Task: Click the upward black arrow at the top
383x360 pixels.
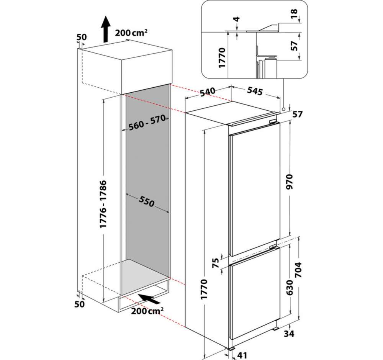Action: pyautogui.click(x=106, y=29)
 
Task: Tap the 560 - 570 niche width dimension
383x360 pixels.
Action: pyautogui.click(x=147, y=123)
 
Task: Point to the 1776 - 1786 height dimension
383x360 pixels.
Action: pyautogui.click(x=104, y=204)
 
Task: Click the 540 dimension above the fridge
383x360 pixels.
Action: pyautogui.click(x=208, y=92)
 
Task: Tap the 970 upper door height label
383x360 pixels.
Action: pyautogui.click(x=290, y=182)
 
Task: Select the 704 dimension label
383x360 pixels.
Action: pyautogui.click(x=298, y=270)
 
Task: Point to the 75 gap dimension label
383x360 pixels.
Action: pyautogui.click(x=216, y=263)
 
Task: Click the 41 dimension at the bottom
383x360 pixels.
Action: pyautogui.click(x=242, y=355)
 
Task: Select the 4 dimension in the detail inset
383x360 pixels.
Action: pyautogui.click(x=237, y=19)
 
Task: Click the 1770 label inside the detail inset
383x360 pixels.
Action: pyautogui.click(x=222, y=58)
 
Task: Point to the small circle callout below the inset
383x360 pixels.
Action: pyautogui.click(x=283, y=109)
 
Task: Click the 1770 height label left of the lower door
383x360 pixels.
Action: pyautogui.click(x=204, y=289)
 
